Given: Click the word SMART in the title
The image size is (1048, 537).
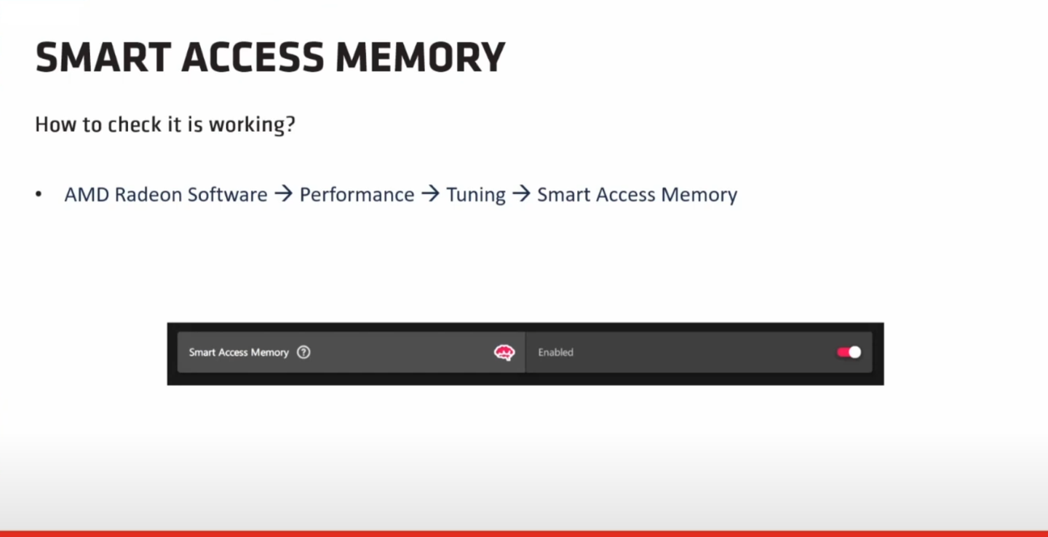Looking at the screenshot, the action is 103,57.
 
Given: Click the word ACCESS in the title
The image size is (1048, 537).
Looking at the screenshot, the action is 253,57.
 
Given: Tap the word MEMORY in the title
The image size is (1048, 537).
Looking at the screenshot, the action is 420,57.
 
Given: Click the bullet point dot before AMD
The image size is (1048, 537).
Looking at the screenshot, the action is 39,194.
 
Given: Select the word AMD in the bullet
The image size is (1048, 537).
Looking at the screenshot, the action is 87,194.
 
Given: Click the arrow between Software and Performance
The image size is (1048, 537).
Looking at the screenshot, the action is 284,194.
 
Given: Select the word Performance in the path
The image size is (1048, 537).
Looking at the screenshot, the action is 357,194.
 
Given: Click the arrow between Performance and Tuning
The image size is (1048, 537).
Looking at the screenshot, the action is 431,194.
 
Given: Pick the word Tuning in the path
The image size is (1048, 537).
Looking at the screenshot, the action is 476,195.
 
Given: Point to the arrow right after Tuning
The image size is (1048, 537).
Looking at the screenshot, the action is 522,194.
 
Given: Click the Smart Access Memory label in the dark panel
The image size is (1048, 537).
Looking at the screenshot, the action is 239,352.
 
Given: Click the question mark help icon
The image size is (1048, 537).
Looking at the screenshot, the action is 303,352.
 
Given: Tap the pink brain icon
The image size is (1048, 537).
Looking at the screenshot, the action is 504,352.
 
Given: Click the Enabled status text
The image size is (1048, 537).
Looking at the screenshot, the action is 555,352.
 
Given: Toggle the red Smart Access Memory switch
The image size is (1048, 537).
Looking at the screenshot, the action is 849,352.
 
